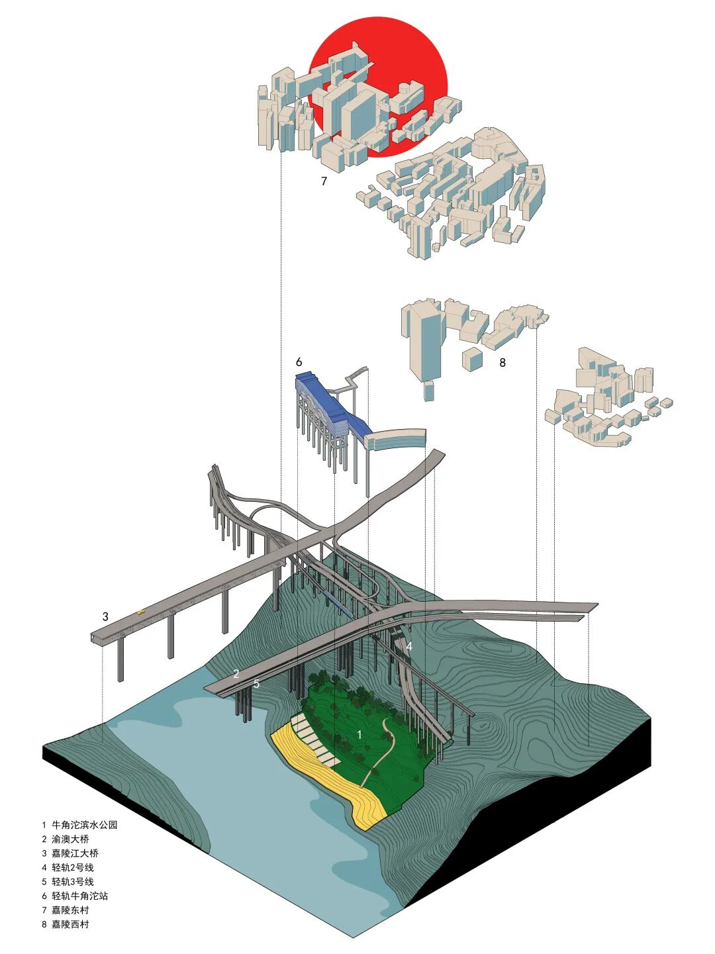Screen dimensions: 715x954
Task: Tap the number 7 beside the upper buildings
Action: tap(324, 181)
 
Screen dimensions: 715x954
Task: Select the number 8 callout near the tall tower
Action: tap(502, 363)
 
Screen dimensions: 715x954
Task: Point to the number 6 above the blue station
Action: tap(299, 362)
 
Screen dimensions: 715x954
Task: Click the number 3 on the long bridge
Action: tap(105, 616)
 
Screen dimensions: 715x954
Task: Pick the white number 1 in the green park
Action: tap(359, 734)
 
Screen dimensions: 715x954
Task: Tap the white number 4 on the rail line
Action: tap(409, 646)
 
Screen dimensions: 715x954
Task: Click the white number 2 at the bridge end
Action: tap(236, 674)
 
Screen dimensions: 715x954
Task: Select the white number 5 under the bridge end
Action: tap(256, 684)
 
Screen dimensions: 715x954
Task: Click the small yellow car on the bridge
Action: tap(140, 612)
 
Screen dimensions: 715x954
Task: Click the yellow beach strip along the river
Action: tap(330, 778)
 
